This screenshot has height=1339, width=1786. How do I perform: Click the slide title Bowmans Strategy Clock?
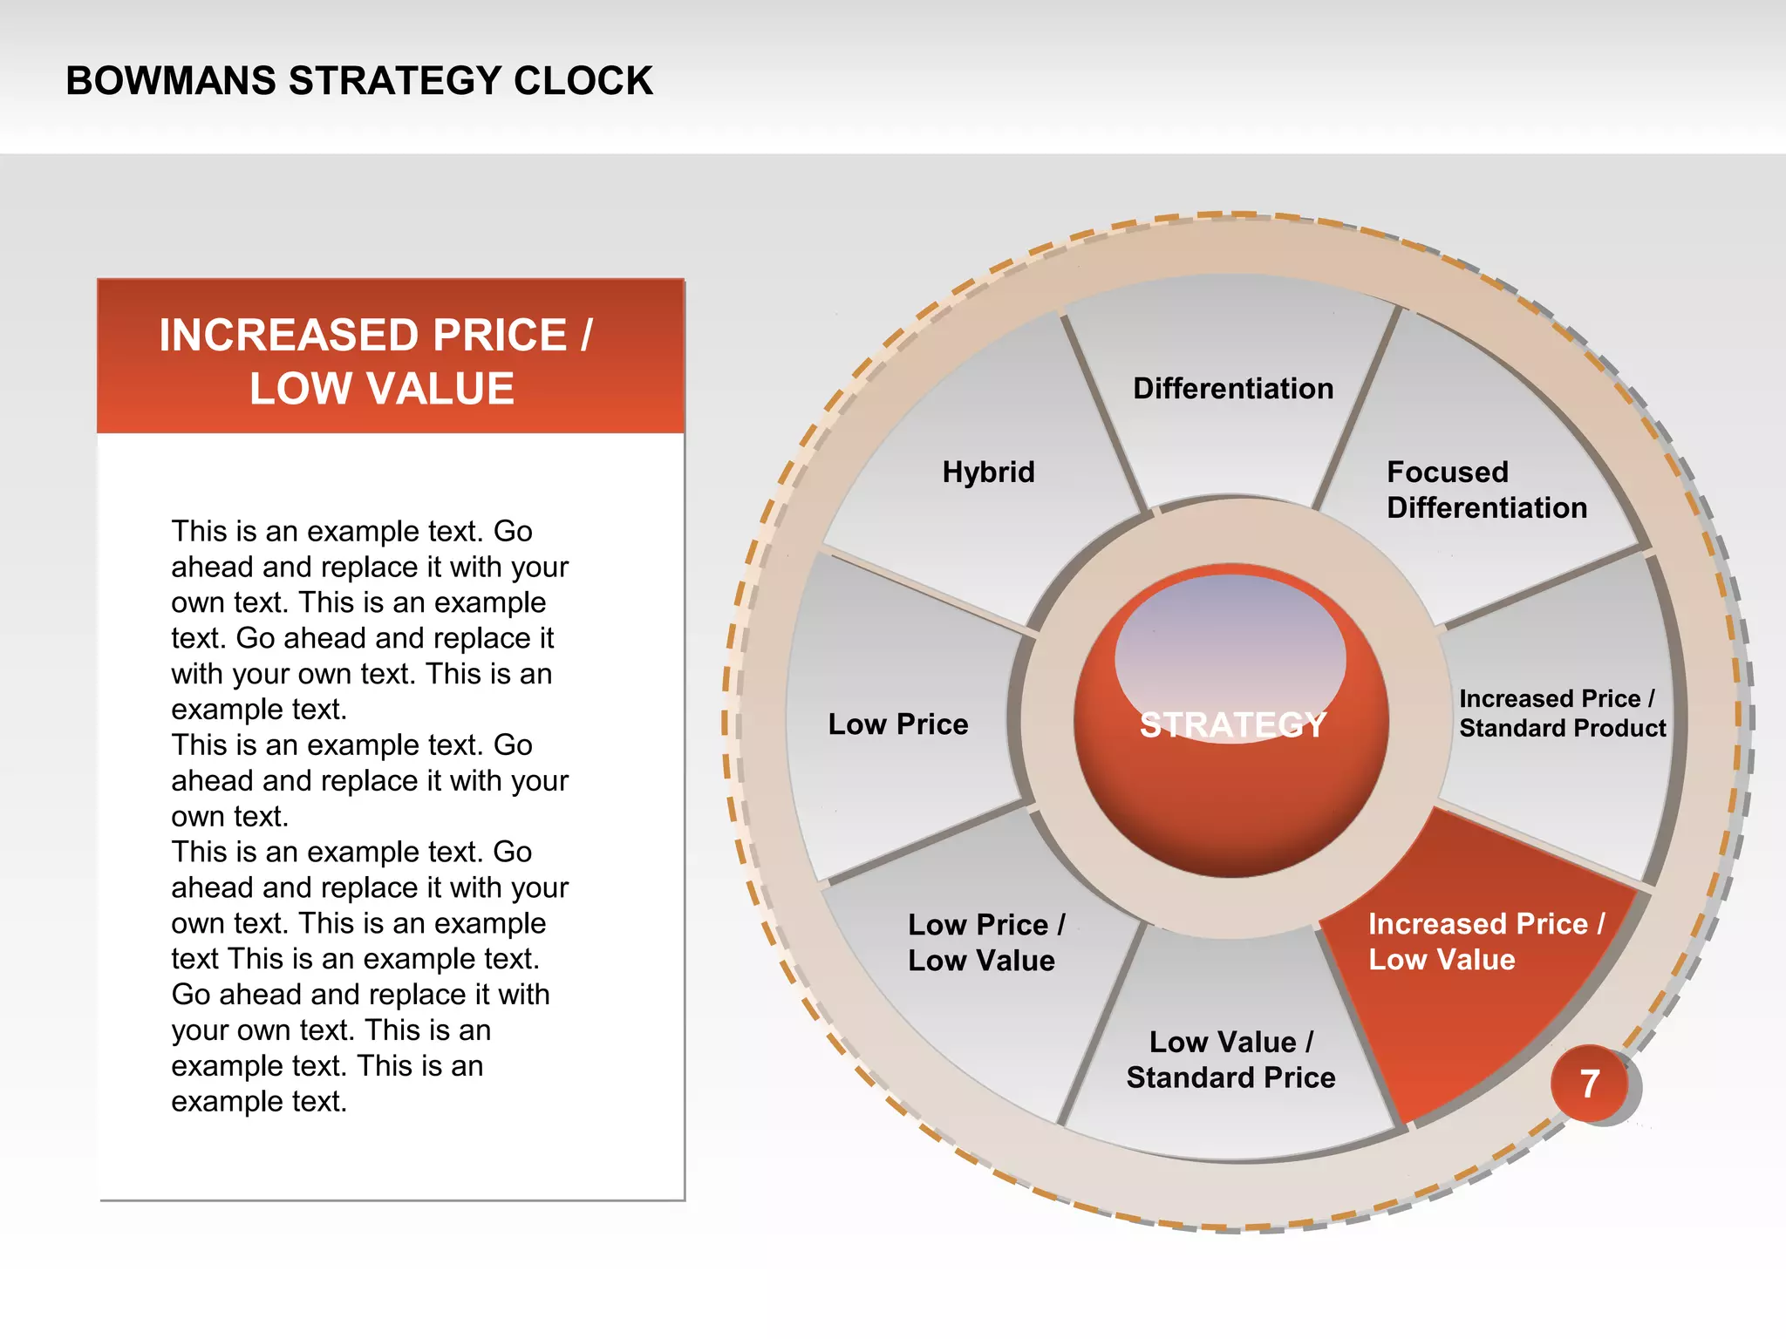(358, 81)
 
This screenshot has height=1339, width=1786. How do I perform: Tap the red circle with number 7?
(1590, 1084)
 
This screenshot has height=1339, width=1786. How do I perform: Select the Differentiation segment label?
(1233, 389)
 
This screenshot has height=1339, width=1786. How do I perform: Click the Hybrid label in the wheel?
(988, 472)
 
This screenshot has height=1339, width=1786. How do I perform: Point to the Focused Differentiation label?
(1486, 490)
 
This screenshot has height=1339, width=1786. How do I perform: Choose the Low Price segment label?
(897, 724)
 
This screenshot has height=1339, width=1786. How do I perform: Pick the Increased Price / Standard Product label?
(1562, 713)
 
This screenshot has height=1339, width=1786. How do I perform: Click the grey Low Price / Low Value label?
(985, 942)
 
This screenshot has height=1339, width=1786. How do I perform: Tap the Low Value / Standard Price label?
(1230, 1060)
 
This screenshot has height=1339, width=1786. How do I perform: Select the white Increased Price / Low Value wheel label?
(1485, 941)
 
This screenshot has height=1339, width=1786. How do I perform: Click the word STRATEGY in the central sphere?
(1232, 725)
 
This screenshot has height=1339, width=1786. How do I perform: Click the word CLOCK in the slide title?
(583, 81)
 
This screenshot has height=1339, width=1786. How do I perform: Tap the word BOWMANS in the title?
(171, 81)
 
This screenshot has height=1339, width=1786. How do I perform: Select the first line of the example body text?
(351, 531)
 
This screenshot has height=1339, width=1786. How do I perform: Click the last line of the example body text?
(259, 1102)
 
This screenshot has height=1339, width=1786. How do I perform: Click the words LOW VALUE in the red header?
(382, 389)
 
